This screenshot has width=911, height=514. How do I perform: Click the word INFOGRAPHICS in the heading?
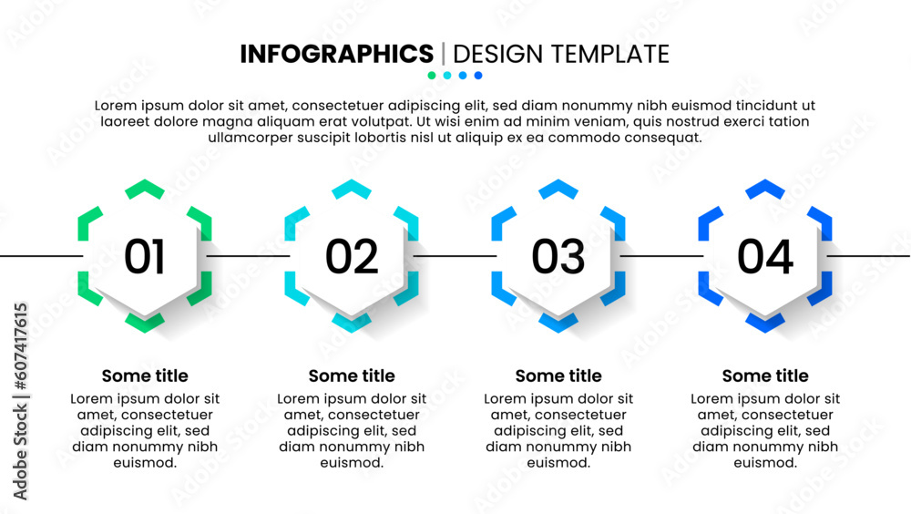click(x=336, y=54)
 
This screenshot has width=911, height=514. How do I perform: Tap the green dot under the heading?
click(x=432, y=75)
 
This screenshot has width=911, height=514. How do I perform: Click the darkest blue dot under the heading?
click(x=478, y=75)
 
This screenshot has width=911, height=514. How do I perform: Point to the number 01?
click(x=145, y=256)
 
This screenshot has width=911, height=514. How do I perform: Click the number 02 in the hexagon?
click(x=352, y=256)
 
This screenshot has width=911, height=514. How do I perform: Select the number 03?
click(x=558, y=256)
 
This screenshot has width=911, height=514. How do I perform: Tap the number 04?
click(x=765, y=256)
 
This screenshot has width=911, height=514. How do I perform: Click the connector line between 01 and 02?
click(x=248, y=256)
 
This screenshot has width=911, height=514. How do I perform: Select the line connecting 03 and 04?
click(x=661, y=256)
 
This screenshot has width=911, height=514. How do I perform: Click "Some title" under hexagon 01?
click(x=145, y=376)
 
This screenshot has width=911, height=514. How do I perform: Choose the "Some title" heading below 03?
click(x=558, y=376)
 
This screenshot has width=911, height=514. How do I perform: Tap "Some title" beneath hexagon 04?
click(x=765, y=376)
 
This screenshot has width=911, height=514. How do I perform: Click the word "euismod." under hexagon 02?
click(x=352, y=463)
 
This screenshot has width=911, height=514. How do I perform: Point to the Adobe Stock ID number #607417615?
click(x=20, y=346)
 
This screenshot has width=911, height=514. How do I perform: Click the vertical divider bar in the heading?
click(x=444, y=54)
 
